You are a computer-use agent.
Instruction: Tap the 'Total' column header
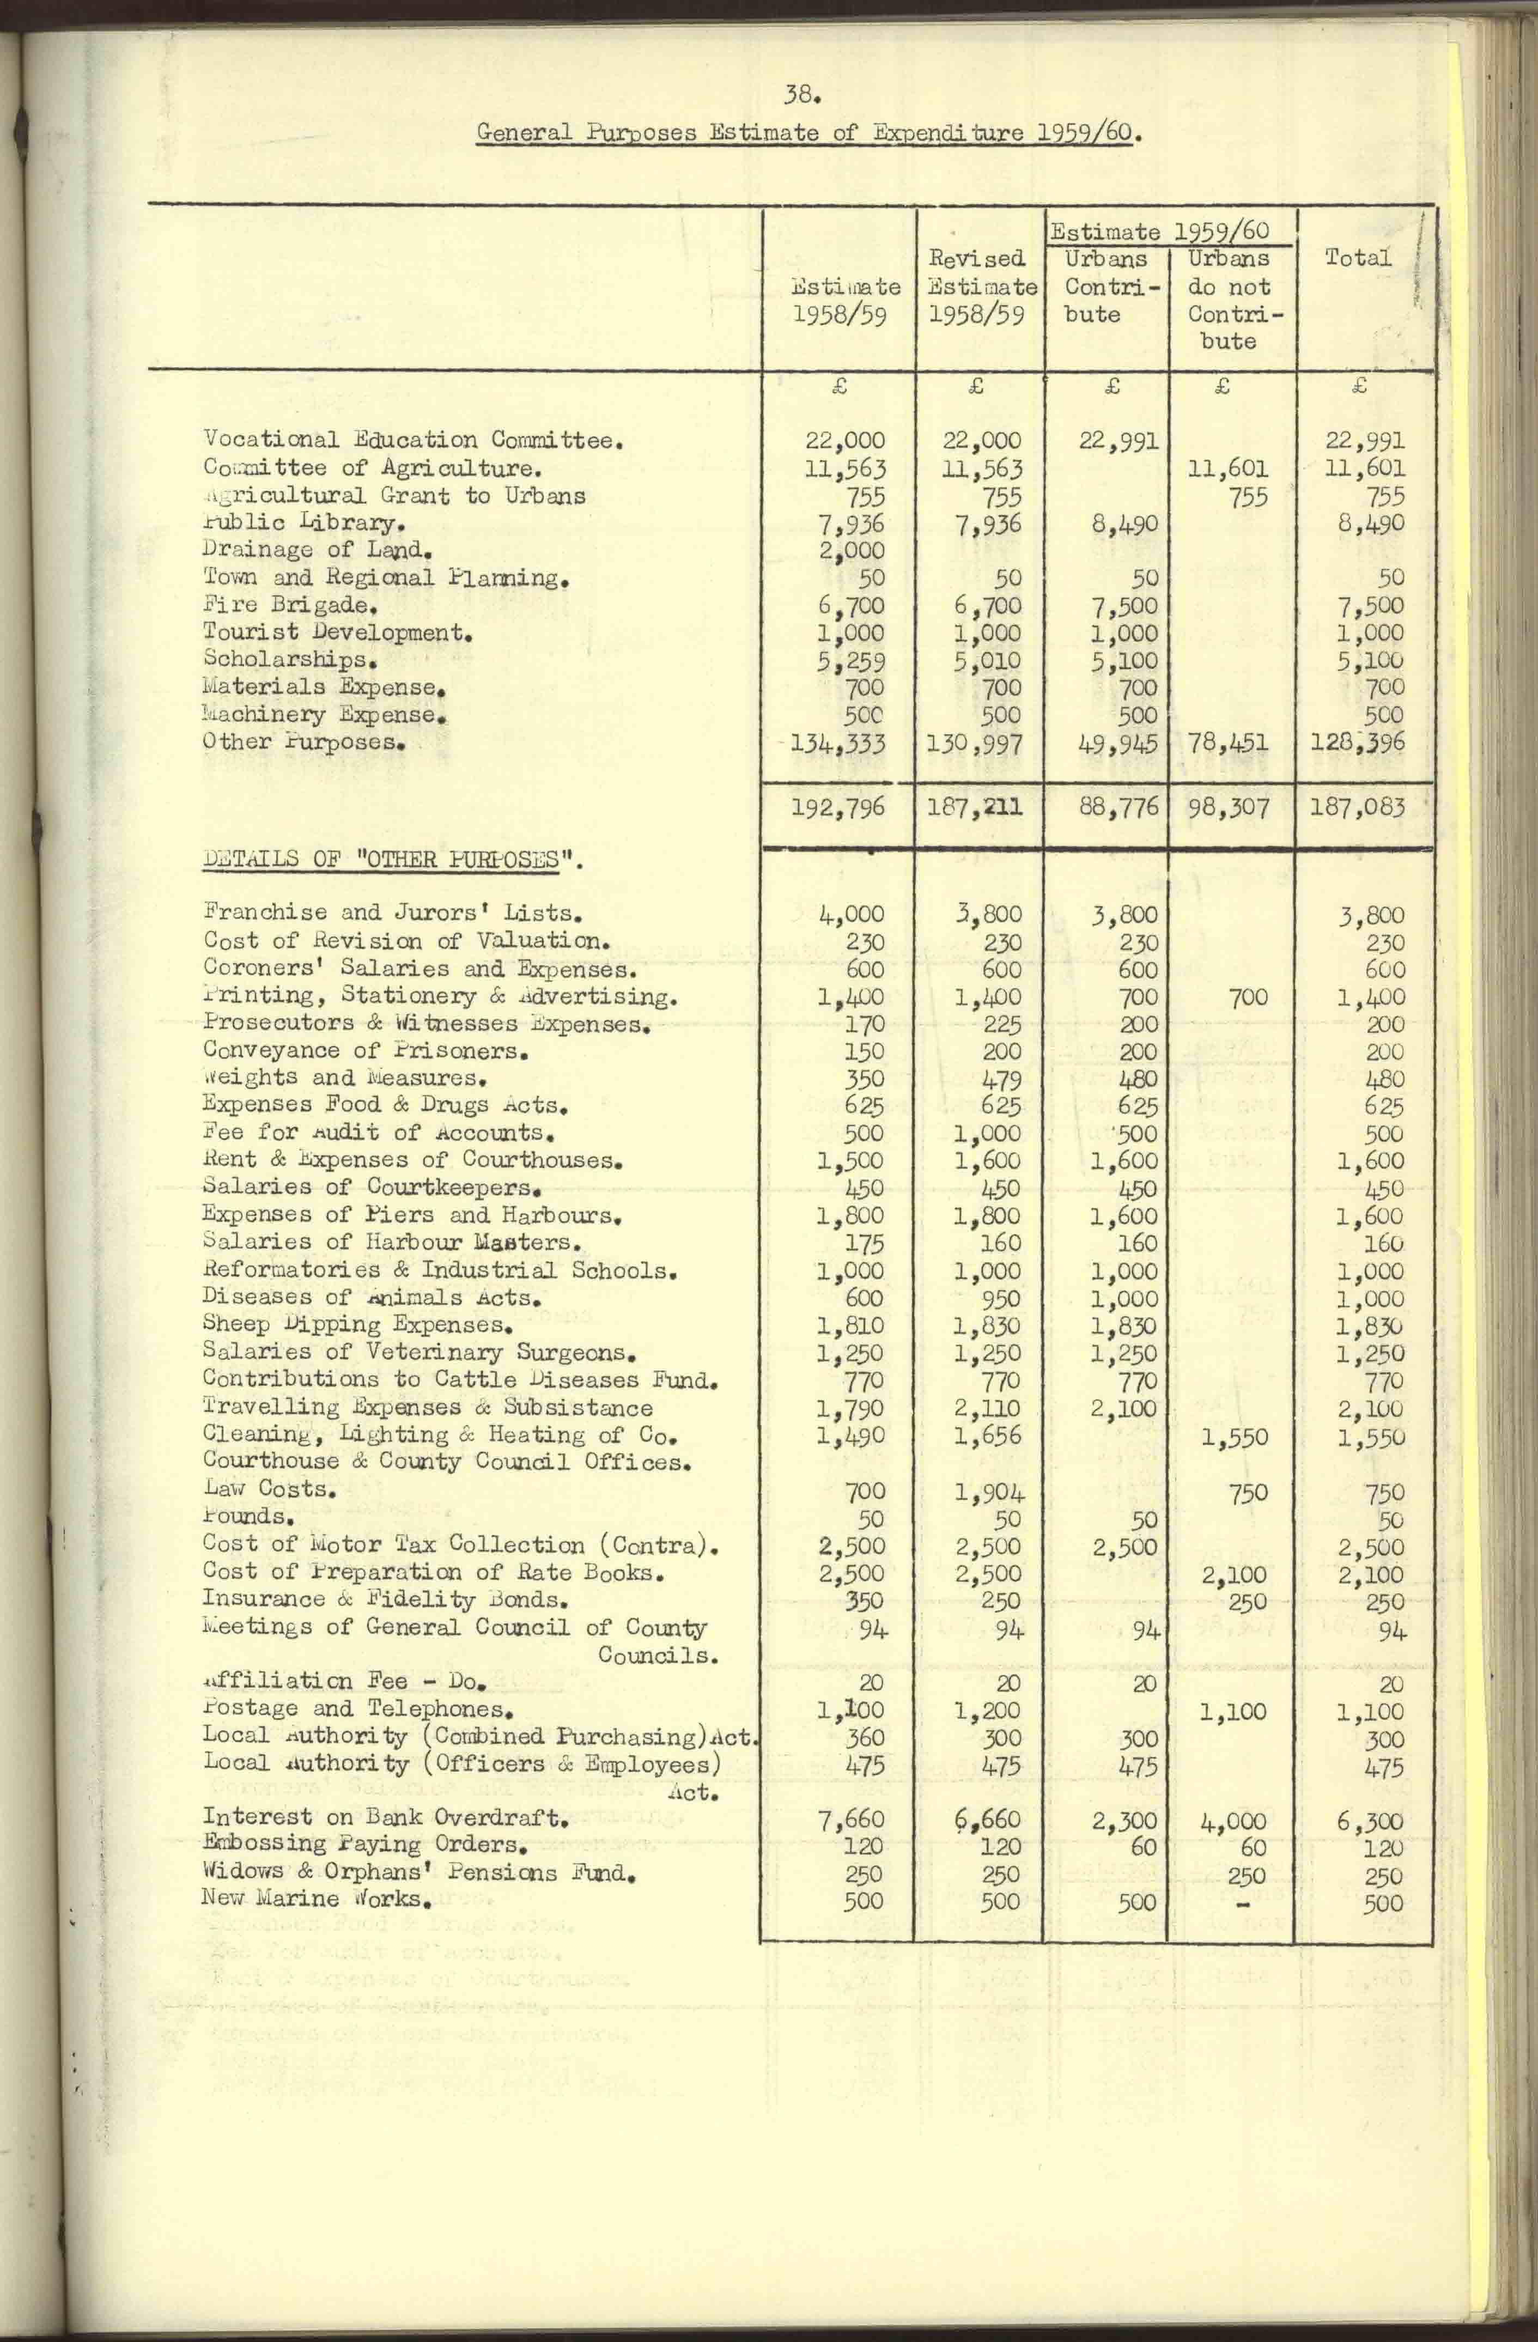(x=1357, y=259)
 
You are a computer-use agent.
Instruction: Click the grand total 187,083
(x=1357, y=808)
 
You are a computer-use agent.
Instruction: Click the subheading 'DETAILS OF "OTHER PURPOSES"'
(x=393, y=859)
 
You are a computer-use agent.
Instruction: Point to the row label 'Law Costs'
(x=271, y=1489)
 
